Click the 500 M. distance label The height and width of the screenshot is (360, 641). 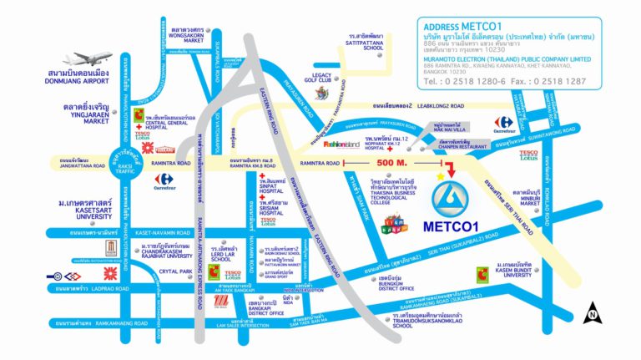pyautogui.click(x=389, y=162)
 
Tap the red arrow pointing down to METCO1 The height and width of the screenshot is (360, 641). pyautogui.click(x=451, y=170)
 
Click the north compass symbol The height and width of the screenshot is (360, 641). pyautogui.click(x=592, y=312)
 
